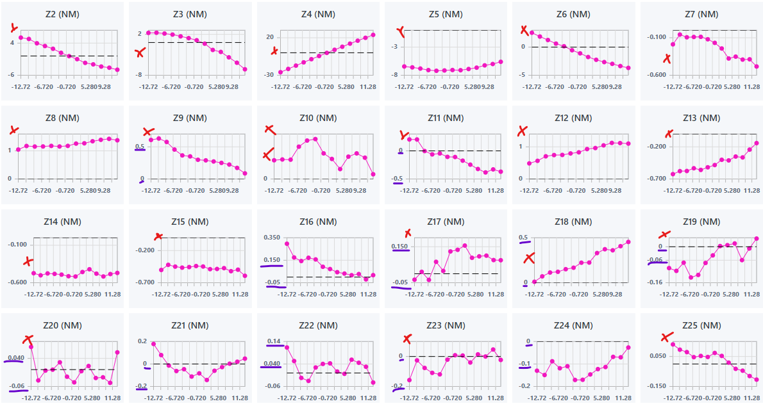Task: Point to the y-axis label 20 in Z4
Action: pyautogui.click(x=270, y=37)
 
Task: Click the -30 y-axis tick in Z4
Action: pyautogui.click(x=269, y=75)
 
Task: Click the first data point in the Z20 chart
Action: pyautogui.click(x=31, y=346)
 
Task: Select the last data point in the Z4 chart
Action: pyautogui.click(x=373, y=35)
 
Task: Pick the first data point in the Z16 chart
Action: pyautogui.click(x=287, y=243)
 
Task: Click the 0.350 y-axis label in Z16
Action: pyautogui.click(x=272, y=237)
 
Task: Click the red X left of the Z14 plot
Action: pyautogui.click(x=28, y=261)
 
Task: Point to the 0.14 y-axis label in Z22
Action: pyautogui.click(x=274, y=341)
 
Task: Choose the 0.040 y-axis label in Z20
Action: pyautogui.click(x=16, y=357)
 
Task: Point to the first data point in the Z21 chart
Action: pyautogui.click(x=153, y=344)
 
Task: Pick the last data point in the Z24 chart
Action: pyautogui.click(x=628, y=348)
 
